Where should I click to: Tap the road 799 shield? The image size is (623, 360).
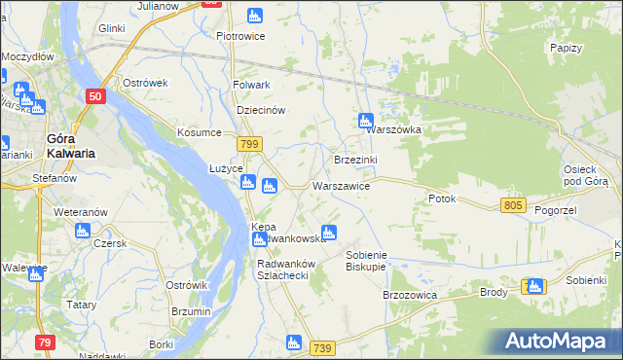[250, 144]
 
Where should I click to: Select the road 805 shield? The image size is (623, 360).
[515, 205]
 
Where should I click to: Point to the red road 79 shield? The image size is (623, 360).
[44, 342]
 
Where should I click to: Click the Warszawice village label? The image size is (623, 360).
[341, 185]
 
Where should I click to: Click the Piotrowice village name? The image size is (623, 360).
[241, 37]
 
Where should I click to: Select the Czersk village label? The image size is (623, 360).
[110, 243]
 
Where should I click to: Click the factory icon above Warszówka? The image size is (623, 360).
[365, 122]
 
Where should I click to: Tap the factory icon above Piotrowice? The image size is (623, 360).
[255, 16]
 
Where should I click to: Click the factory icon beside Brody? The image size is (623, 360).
[533, 286]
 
